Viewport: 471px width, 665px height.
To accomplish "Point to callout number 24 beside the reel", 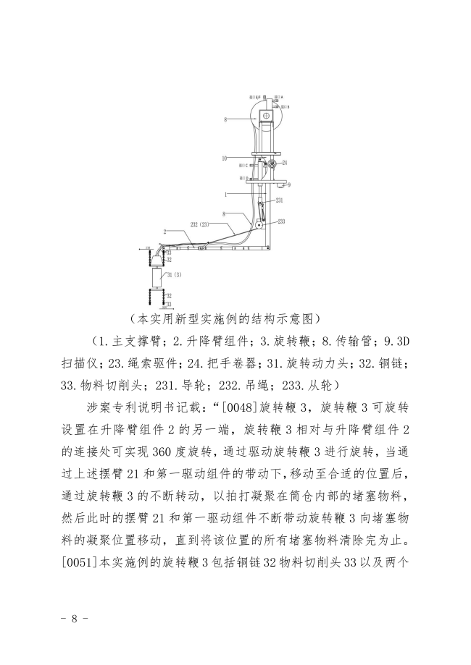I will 285,162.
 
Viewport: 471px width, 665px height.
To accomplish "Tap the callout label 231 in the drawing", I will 279,200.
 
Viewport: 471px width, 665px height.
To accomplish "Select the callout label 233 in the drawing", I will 281,221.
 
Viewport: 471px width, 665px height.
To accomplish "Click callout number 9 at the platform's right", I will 288,185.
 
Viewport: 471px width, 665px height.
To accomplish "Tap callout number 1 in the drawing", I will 226,194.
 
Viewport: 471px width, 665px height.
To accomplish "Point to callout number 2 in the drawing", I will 165,232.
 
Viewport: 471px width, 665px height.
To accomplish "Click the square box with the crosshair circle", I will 267,116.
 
